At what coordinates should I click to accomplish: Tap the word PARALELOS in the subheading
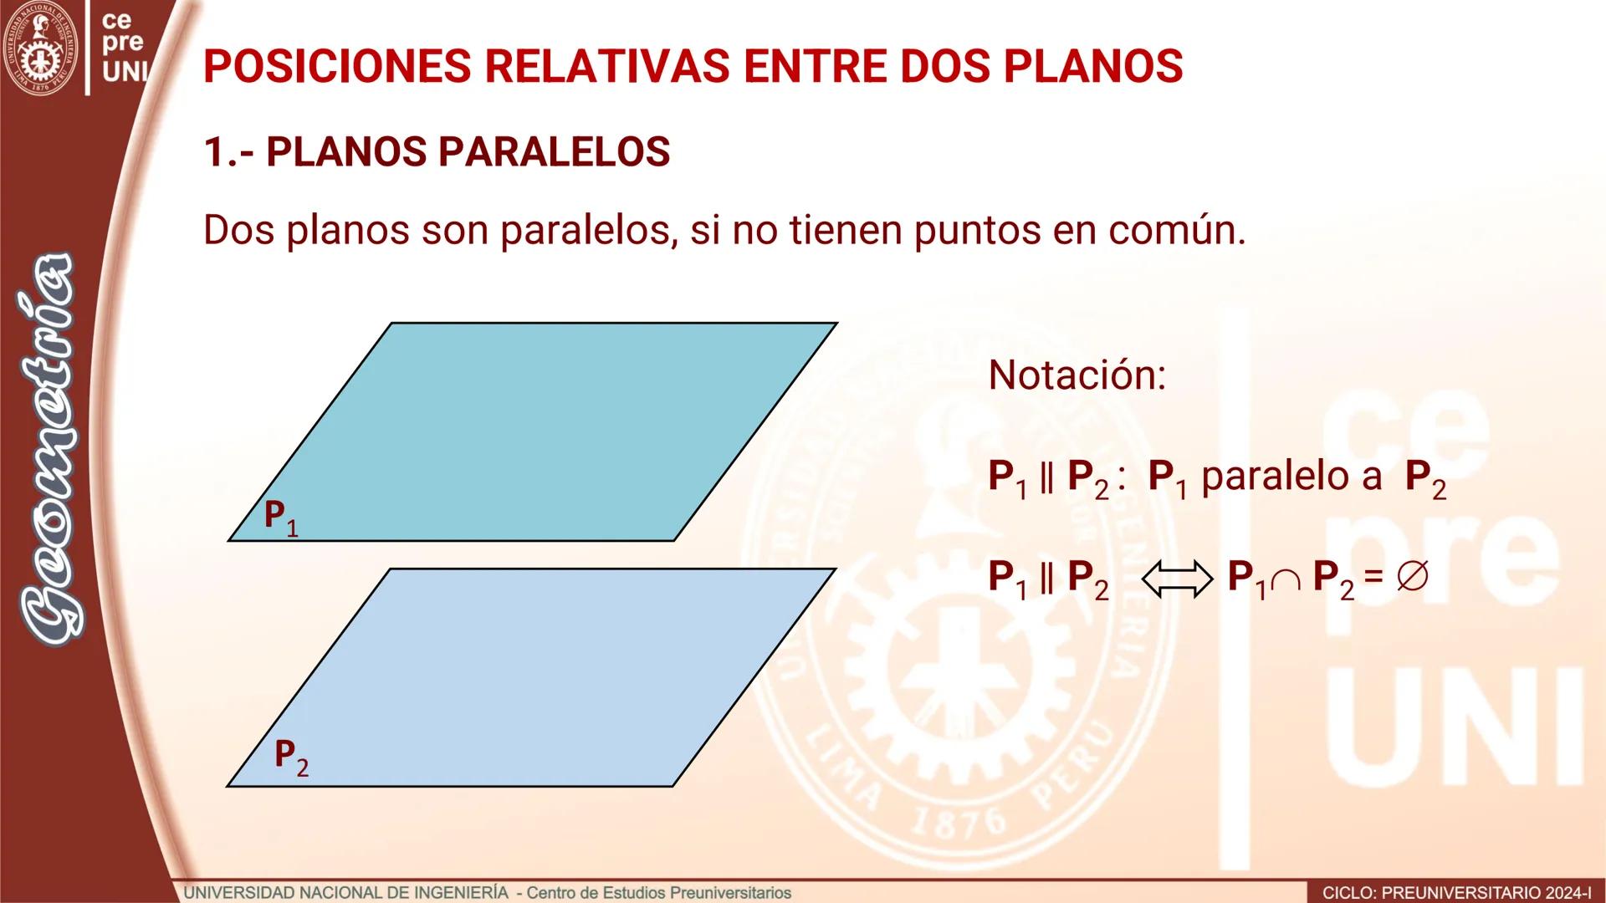(x=554, y=152)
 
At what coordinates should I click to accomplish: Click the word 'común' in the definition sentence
(x=1177, y=230)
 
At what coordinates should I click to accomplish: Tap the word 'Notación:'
(x=1077, y=375)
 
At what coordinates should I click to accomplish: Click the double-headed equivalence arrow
(x=1177, y=579)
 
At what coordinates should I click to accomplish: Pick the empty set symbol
(x=1412, y=577)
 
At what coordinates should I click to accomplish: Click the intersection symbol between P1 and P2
(x=1285, y=580)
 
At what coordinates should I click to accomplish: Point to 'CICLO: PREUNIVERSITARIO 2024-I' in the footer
(x=1456, y=893)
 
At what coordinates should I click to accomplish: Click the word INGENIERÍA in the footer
(x=463, y=892)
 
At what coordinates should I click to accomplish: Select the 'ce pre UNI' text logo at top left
(x=122, y=43)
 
